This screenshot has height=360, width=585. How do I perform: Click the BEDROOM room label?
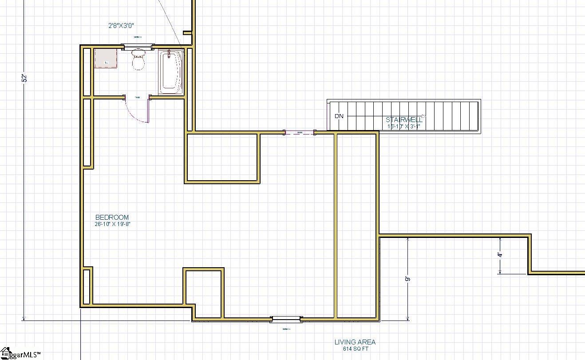point(112,217)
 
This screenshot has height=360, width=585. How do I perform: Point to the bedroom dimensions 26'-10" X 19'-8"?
point(112,224)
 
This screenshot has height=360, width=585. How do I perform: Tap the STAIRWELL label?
point(403,119)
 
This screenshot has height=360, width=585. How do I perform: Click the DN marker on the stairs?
point(339,116)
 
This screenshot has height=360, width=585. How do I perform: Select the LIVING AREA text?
point(355,342)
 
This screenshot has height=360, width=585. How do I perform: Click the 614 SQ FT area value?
point(355,349)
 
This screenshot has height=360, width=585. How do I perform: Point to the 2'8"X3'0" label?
point(121,26)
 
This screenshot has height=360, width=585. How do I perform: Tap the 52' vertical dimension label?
point(25,78)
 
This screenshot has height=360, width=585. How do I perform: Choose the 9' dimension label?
point(407,279)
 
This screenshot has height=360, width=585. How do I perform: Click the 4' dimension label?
point(500,255)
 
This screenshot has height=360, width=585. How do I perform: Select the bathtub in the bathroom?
point(171,72)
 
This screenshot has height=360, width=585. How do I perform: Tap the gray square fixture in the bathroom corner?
point(106,59)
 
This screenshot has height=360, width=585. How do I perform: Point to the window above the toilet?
point(138,46)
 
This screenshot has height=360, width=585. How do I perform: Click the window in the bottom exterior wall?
point(286,319)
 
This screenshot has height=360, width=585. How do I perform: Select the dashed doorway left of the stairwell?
point(300,132)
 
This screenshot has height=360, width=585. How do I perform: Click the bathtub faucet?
point(169,55)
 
